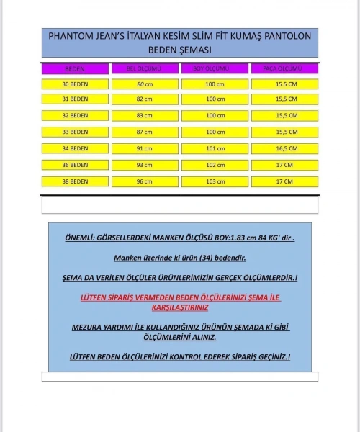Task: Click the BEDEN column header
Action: (x=75, y=69)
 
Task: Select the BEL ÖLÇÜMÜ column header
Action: (x=144, y=69)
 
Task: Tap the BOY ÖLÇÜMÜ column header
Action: (x=214, y=69)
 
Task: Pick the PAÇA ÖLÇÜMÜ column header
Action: (x=284, y=69)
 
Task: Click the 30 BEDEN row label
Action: (x=75, y=85)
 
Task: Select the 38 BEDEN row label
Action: (x=75, y=181)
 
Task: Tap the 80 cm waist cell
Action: (x=144, y=85)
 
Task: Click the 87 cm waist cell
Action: (x=144, y=132)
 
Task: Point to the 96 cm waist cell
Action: (x=144, y=181)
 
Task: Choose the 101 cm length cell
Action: (x=215, y=148)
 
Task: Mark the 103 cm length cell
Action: (x=215, y=181)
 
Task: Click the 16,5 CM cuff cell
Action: (x=284, y=148)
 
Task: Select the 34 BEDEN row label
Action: (x=75, y=148)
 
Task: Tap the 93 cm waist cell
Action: (x=144, y=165)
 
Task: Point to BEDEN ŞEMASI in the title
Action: (x=180, y=50)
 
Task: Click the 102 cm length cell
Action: (x=215, y=165)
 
